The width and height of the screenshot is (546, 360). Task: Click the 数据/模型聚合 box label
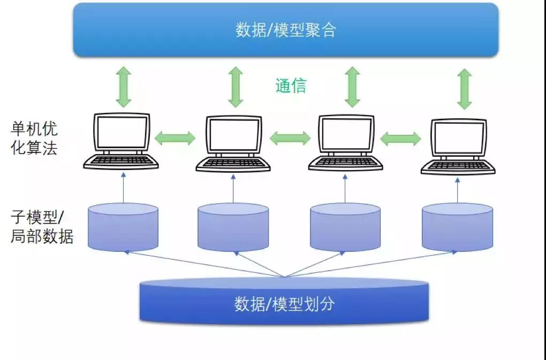click(x=286, y=30)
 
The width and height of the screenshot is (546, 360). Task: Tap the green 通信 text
click(x=291, y=86)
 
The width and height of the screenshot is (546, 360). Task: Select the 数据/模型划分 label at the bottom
click(x=284, y=304)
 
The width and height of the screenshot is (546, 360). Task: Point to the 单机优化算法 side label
click(x=34, y=138)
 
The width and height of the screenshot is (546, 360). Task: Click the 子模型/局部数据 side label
click(x=41, y=227)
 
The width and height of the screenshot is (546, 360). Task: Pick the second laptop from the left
click(x=233, y=143)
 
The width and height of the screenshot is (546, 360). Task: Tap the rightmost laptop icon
click(x=458, y=146)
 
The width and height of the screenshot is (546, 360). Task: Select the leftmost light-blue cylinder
click(x=123, y=227)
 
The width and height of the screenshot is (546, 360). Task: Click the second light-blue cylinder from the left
click(x=233, y=227)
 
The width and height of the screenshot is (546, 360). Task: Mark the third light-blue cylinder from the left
click(x=345, y=227)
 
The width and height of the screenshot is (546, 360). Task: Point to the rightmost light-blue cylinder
click(x=457, y=227)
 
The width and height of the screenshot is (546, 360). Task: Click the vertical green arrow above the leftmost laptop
click(x=124, y=87)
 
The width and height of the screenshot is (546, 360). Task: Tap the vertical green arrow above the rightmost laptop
click(x=464, y=89)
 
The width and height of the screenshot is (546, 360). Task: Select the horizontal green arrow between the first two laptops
click(x=175, y=138)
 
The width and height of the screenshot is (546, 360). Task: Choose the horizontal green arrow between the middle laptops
click(x=290, y=138)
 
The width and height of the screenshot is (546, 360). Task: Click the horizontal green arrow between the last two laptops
click(x=400, y=139)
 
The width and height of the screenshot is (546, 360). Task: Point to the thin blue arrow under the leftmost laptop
click(x=123, y=188)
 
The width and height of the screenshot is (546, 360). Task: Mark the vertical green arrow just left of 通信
click(x=236, y=87)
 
